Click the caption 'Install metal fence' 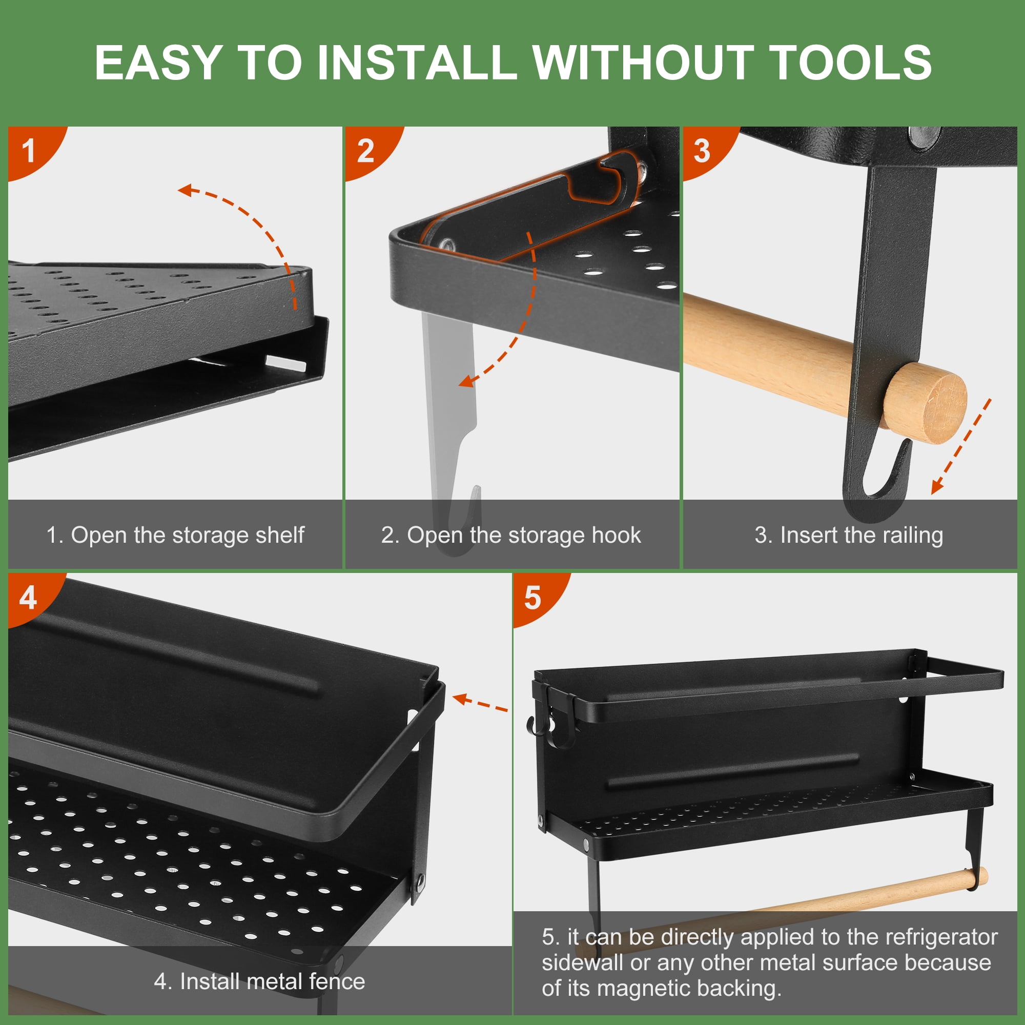(x=273, y=981)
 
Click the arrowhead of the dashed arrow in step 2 (x=467, y=380)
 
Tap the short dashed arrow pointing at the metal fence (x=481, y=703)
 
